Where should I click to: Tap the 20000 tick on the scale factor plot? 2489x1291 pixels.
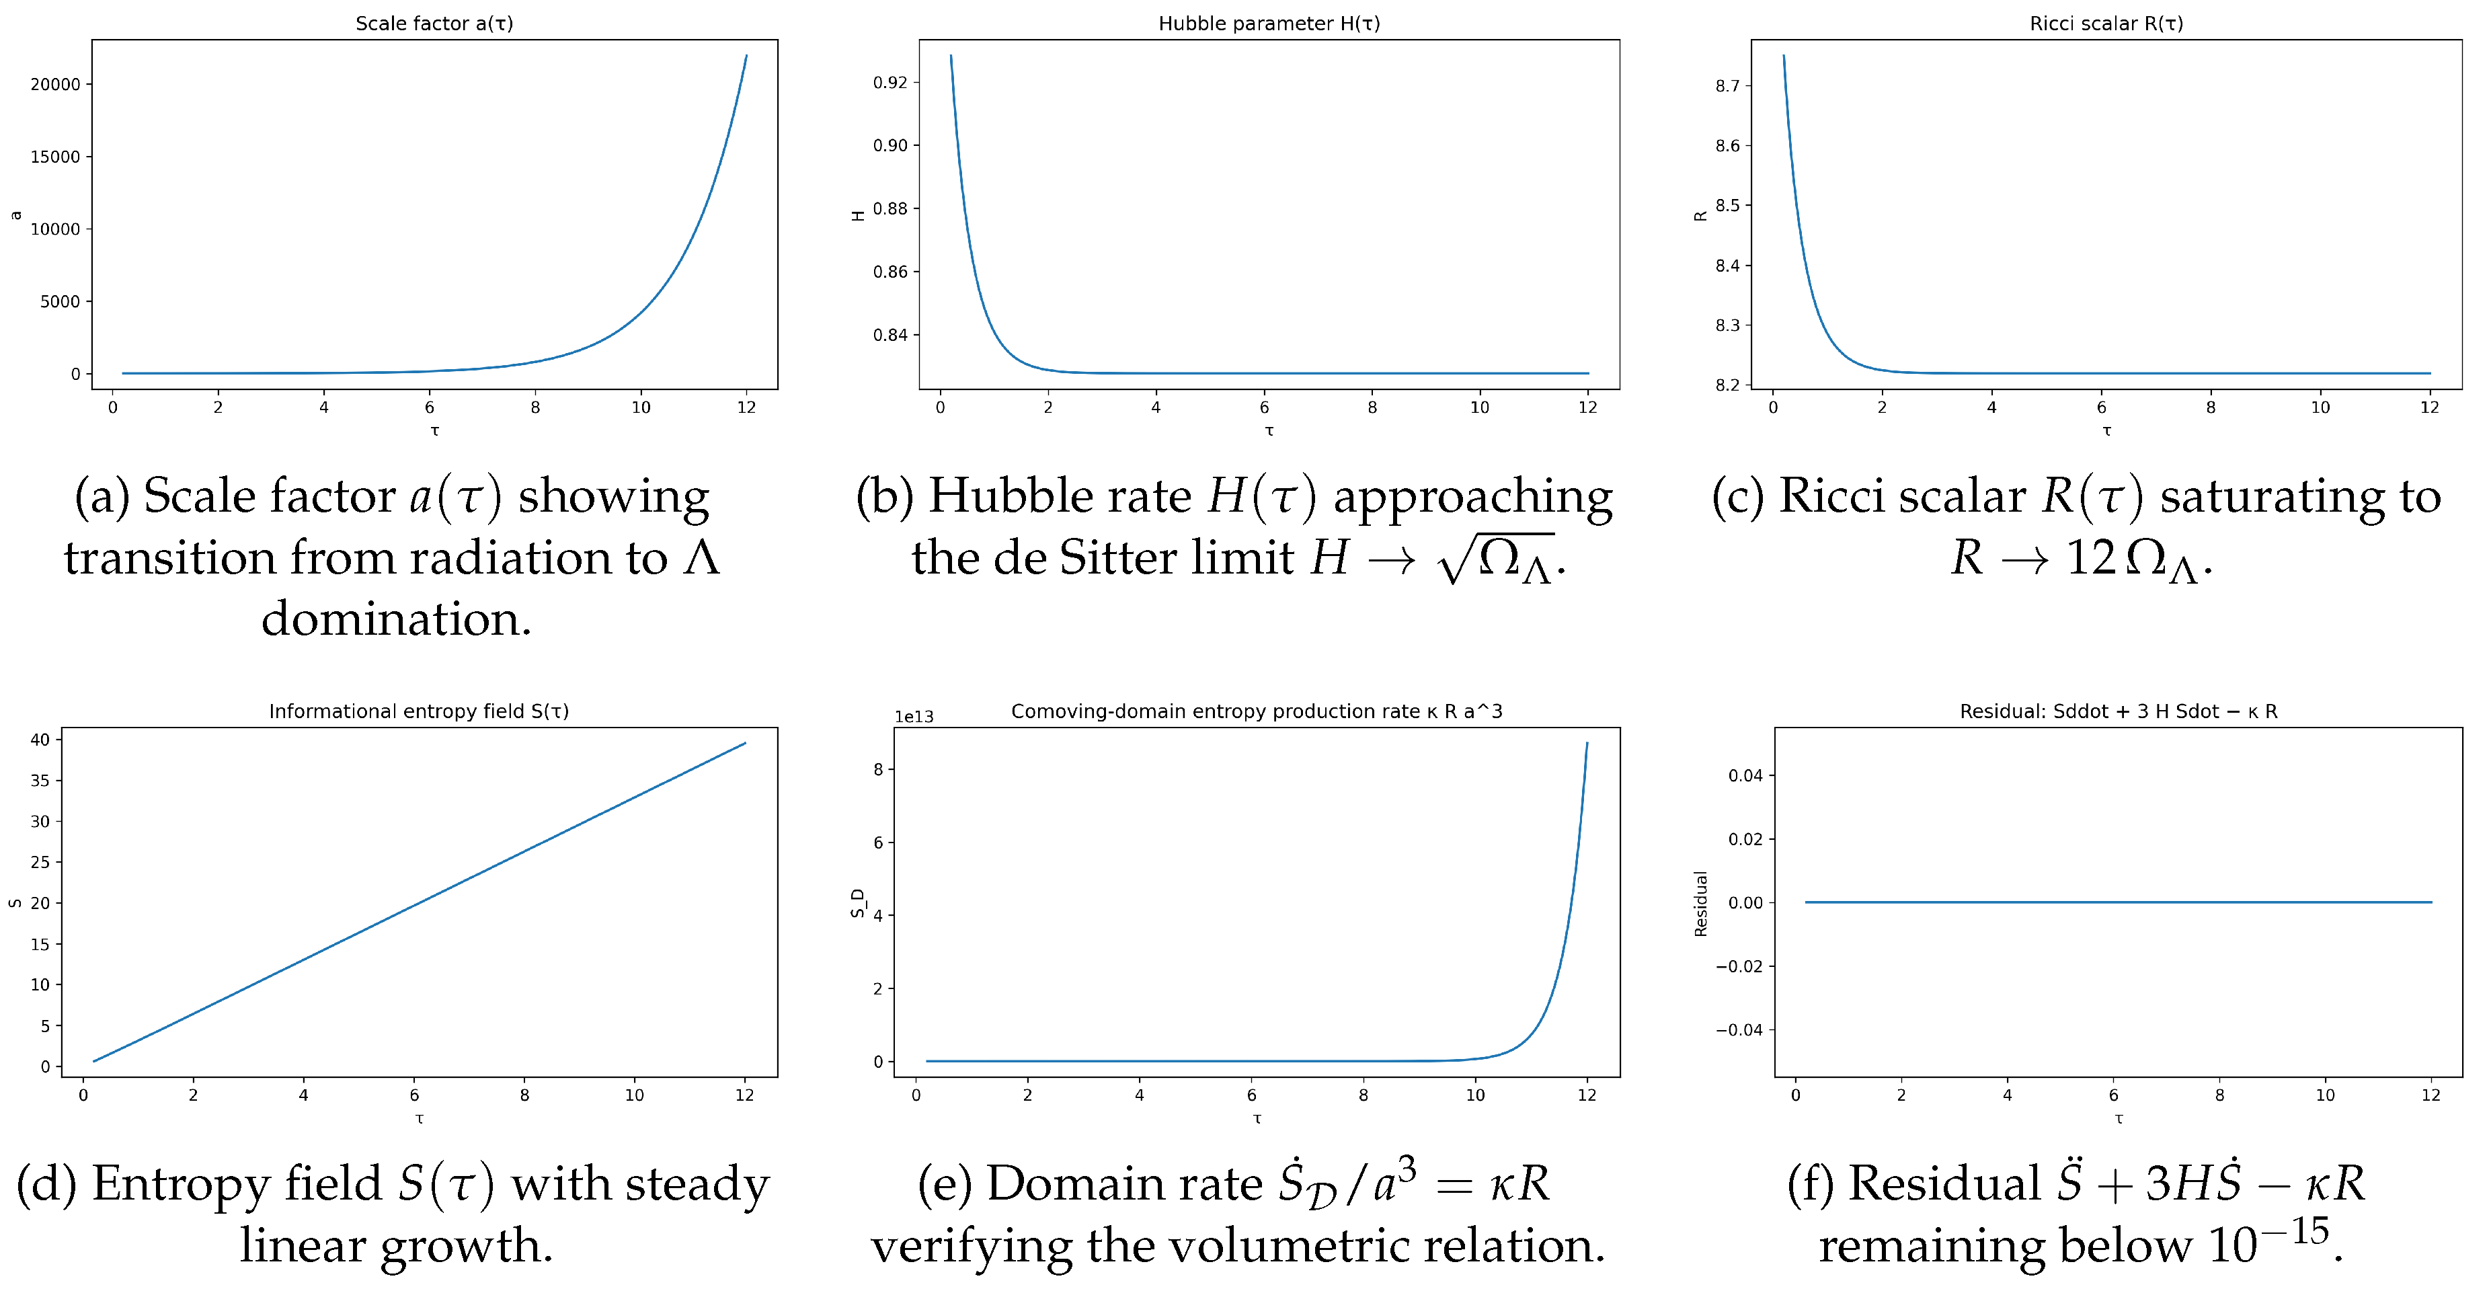click(55, 84)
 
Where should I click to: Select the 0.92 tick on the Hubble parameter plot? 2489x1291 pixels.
click(890, 82)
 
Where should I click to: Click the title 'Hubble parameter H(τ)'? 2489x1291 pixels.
click(1269, 23)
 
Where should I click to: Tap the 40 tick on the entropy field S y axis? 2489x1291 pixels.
click(40, 739)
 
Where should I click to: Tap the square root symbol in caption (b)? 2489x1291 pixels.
click(1454, 561)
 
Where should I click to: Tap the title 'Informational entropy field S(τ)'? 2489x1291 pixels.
click(418, 711)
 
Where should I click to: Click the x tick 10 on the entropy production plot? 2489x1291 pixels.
click(1474, 1095)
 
